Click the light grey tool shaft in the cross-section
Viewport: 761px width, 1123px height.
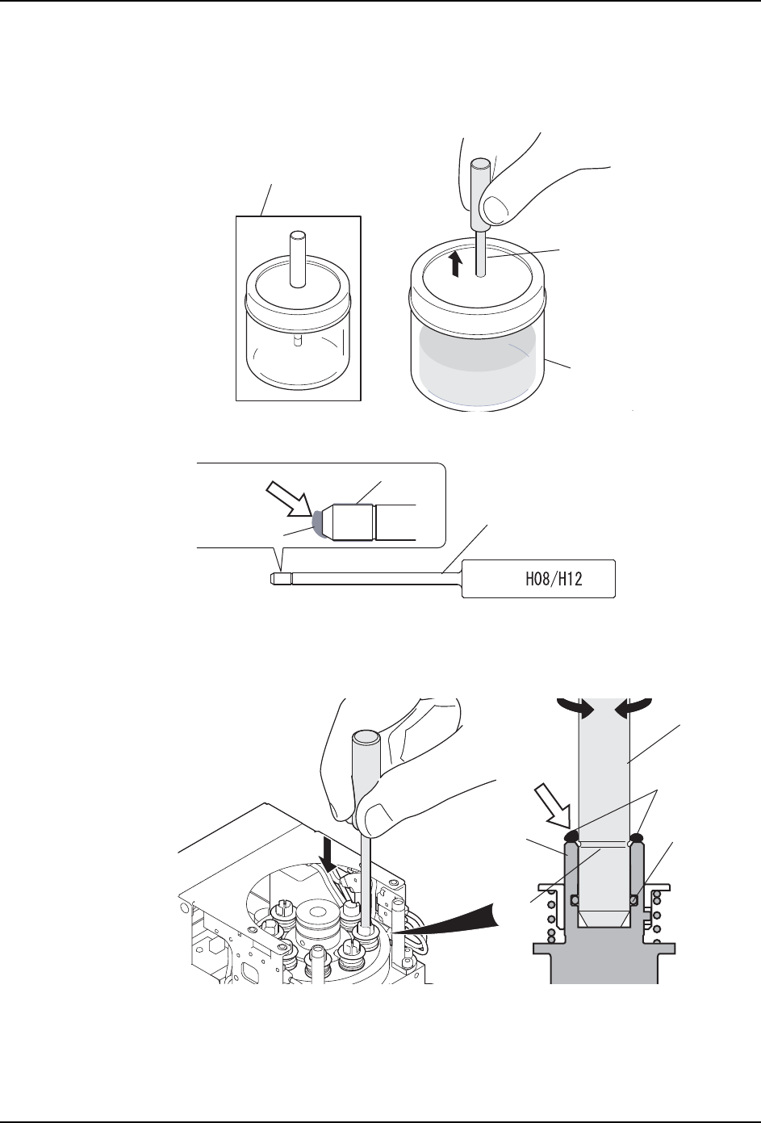604,775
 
